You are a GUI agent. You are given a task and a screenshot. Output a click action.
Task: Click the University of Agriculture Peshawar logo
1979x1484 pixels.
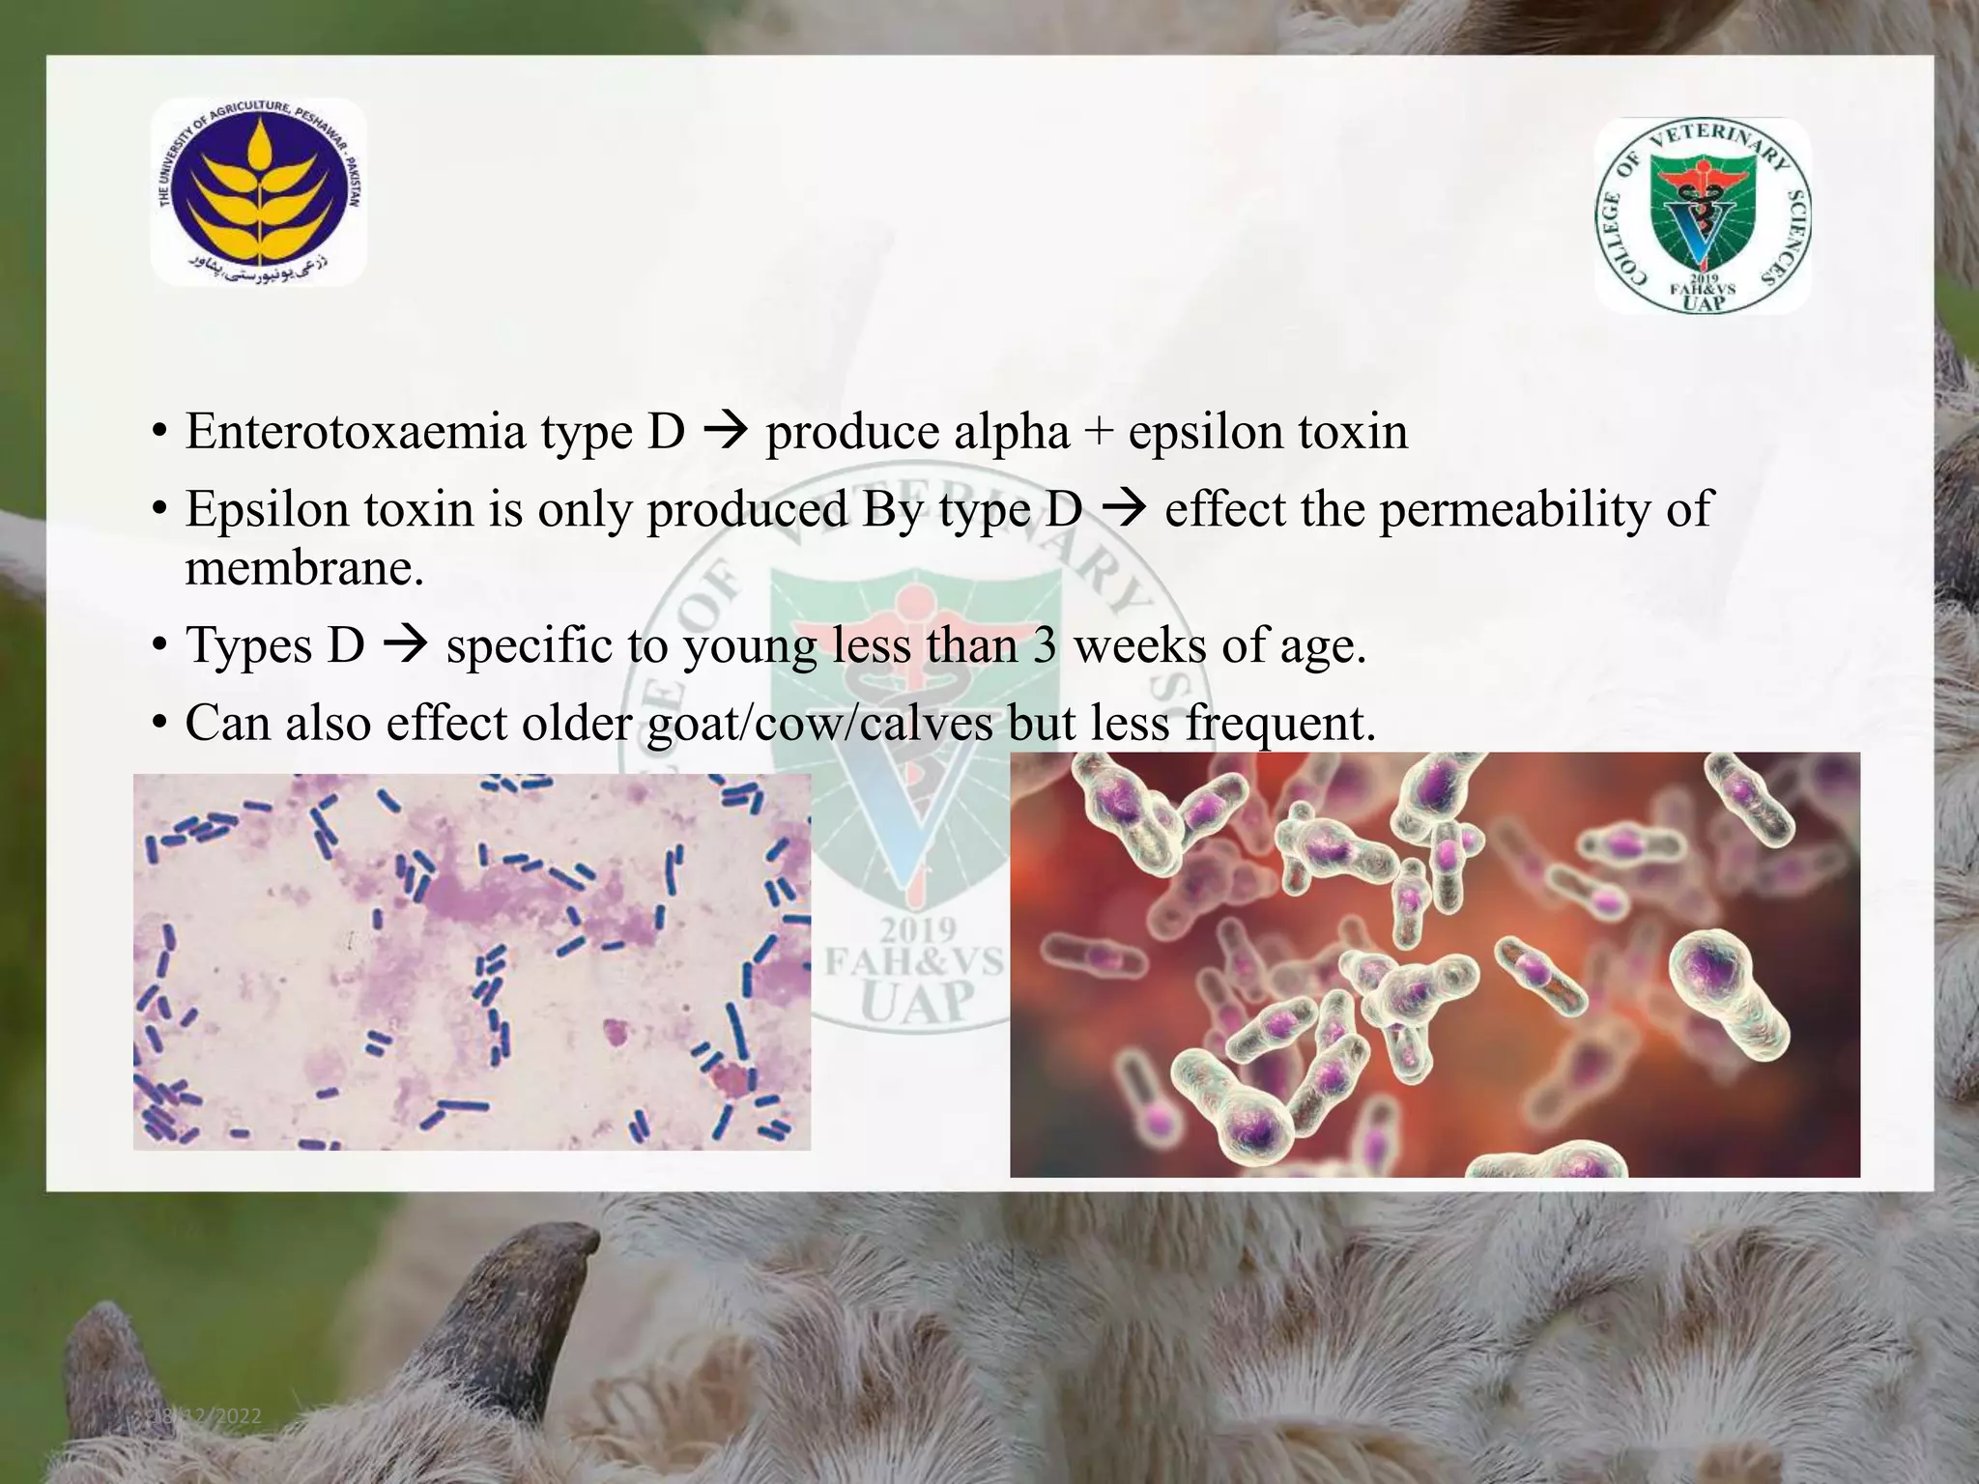tap(259, 192)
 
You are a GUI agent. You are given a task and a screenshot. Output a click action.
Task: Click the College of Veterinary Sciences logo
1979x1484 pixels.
tap(1703, 215)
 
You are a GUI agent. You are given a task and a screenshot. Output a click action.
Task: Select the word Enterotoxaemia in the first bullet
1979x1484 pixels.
tap(355, 431)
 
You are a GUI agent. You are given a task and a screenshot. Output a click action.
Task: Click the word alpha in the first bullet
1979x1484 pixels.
tap(1012, 433)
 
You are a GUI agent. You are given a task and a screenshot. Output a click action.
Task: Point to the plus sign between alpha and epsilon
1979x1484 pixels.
tap(1099, 433)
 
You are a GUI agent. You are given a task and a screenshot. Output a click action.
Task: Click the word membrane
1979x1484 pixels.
tap(304, 568)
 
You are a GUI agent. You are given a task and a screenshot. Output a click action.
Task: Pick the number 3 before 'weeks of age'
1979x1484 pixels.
tap(1044, 645)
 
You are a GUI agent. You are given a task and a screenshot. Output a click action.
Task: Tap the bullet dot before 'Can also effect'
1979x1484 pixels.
tap(160, 724)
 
